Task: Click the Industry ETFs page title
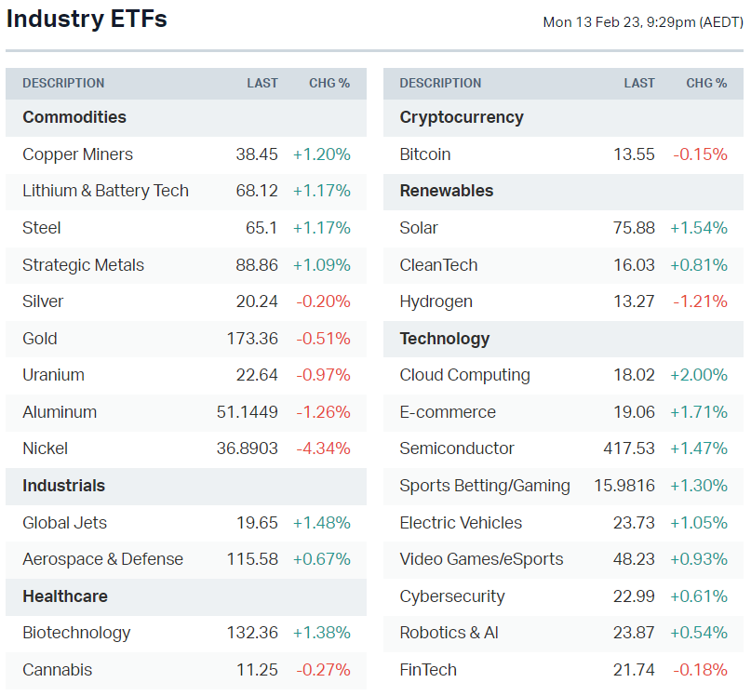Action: coord(87,20)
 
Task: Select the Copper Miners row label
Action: coord(77,154)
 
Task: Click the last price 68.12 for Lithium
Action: coord(257,191)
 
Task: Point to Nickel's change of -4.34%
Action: coord(323,448)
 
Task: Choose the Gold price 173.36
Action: coord(252,339)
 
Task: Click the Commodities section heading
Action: coord(74,117)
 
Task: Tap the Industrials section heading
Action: coord(64,486)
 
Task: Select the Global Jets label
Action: coord(65,523)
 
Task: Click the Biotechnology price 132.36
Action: coord(252,633)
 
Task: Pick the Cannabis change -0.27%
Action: coord(323,670)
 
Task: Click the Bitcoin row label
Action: coord(425,154)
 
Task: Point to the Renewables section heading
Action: coord(447,191)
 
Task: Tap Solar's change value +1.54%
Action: coord(699,228)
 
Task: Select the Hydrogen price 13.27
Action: coord(634,301)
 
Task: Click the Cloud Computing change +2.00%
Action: coord(699,375)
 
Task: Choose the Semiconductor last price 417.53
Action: coord(629,448)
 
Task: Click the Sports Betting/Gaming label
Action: coord(485,486)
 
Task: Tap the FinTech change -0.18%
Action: coord(700,670)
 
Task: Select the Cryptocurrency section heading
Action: coord(462,117)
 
